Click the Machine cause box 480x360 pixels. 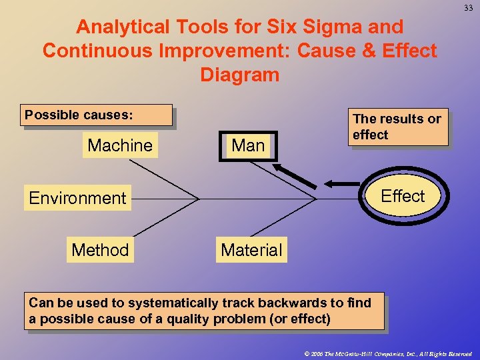(120, 145)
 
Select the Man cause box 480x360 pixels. (248, 145)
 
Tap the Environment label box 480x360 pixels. (77, 198)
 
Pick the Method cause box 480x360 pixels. (100, 250)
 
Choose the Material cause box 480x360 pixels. (251, 250)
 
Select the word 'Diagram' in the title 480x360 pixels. (239, 75)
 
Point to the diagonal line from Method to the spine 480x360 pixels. (166, 217)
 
